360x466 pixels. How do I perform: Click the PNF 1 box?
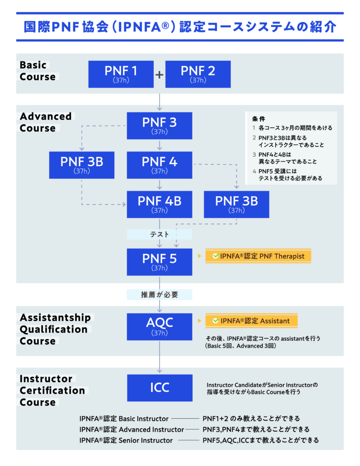point(121,74)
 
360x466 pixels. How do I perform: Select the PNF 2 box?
point(198,74)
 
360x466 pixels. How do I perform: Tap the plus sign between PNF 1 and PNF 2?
point(159,74)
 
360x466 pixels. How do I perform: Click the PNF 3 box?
point(159,126)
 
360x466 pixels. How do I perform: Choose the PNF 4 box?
point(159,165)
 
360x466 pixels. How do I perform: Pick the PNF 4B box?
point(159,204)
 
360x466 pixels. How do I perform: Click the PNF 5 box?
point(159,262)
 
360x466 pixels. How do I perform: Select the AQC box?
point(159,326)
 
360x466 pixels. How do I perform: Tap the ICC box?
point(159,387)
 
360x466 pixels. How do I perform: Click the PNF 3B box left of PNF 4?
point(82,165)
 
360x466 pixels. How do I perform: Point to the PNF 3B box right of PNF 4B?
point(236,204)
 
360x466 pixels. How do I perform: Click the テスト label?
point(159,234)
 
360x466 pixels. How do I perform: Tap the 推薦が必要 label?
point(159,295)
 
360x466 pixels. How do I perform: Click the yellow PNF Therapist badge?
point(258,256)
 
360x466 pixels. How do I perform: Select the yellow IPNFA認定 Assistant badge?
point(251,321)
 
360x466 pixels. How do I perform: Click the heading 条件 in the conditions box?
point(259,118)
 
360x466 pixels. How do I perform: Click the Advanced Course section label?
point(46,122)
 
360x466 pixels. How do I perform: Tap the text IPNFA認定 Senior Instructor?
point(126,440)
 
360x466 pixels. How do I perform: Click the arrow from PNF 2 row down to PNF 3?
point(159,103)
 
